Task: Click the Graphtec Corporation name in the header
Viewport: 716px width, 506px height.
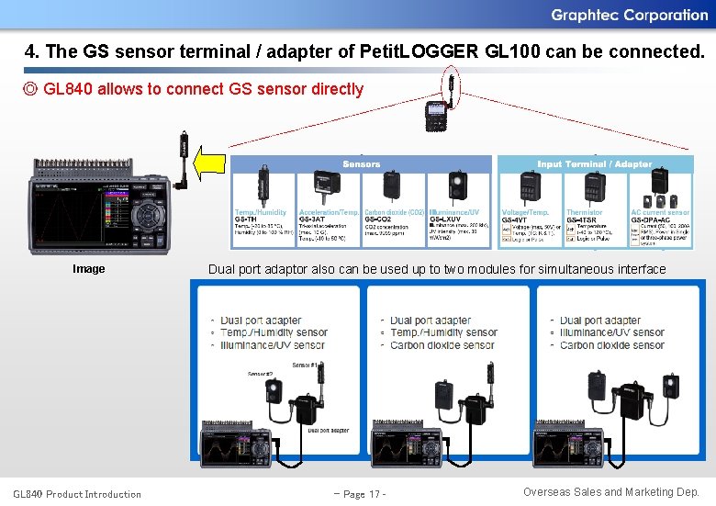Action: [x=629, y=15]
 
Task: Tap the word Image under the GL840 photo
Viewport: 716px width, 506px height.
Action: [x=89, y=269]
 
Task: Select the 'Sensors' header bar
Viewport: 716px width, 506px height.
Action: [x=361, y=163]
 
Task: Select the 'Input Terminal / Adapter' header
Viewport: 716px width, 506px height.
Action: [x=594, y=163]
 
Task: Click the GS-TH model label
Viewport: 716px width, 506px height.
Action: [x=245, y=219]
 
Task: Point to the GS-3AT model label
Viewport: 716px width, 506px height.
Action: [x=312, y=219]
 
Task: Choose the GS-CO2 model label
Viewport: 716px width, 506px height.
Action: [x=378, y=219]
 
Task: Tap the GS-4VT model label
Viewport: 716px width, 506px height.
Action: [x=515, y=219]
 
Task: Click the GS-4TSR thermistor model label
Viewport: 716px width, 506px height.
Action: [x=583, y=219]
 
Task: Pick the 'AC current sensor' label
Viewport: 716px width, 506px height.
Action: [x=660, y=212]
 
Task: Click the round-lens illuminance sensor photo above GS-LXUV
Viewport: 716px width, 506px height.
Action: [x=459, y=186]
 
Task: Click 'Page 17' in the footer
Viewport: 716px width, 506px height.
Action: [x=359, y=494]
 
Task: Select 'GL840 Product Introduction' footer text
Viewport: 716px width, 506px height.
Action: [x=77, y=494]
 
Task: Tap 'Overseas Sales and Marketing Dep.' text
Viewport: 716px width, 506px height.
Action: [x=611, y=492]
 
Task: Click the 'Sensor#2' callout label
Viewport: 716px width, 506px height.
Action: [x=260, y=374]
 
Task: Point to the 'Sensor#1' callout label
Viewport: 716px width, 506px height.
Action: [x=306, y=365]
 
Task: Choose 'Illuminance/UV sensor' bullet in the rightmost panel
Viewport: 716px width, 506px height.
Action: [x=612, y=332]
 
